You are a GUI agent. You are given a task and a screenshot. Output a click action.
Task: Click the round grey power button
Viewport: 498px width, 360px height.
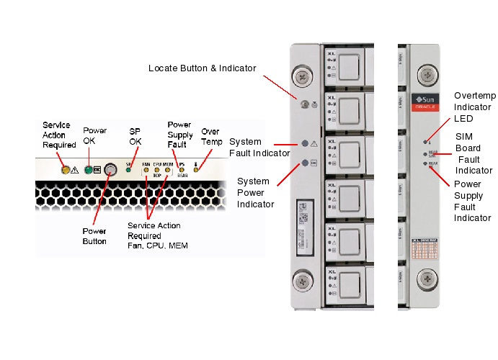click(110, 171)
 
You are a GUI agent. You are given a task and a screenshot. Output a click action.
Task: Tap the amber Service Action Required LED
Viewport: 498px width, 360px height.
click(66, 170)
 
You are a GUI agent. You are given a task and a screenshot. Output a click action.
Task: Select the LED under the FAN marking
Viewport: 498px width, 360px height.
click(146, 171)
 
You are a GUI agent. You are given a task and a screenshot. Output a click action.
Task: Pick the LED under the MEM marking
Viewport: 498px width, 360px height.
click(167, 171)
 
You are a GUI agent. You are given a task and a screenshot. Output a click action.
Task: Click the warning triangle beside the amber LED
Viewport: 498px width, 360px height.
click(75, 171)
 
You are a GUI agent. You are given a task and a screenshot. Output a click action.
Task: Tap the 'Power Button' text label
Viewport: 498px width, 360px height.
click(94, 236)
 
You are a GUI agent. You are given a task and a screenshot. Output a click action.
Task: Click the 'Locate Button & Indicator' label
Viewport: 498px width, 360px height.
click(202, 68)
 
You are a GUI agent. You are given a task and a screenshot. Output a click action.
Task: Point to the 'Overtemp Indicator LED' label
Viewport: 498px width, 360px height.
click(473, 107)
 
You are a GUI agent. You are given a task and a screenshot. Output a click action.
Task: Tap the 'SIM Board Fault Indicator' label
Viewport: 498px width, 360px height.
click(473, 153)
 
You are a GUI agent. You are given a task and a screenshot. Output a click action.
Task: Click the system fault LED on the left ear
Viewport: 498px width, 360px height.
click(305, 143)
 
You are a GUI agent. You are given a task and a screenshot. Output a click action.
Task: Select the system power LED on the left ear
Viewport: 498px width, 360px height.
click(305, 162)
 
